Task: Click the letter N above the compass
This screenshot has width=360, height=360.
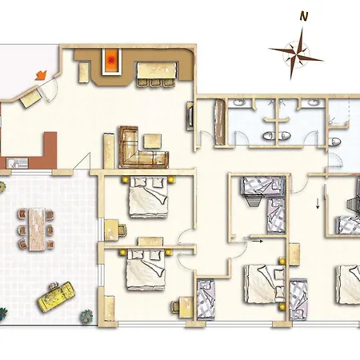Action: click(304, 17)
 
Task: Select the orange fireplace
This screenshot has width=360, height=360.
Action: click(112, 62)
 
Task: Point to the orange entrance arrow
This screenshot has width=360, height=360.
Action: click(41, 75)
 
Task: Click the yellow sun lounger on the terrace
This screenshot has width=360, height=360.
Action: click(57, 296)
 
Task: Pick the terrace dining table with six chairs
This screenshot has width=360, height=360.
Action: click(37, 230)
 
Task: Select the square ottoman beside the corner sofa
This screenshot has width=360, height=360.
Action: click(153, 141)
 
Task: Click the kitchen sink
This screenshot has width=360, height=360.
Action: click(17, 163)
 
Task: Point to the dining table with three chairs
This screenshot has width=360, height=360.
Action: click(157, 74)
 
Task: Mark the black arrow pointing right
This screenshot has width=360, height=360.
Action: click(258, 241)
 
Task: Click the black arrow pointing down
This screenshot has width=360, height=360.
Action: click(318, 204)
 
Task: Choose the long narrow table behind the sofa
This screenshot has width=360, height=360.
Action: click(109, 150)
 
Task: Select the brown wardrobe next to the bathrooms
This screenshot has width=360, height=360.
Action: click(220, 122)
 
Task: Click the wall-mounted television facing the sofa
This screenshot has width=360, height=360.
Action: click(190, 115)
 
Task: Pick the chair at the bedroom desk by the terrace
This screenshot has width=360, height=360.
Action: click(123, 230)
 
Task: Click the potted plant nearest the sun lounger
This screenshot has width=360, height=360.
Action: click(86, 316)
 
